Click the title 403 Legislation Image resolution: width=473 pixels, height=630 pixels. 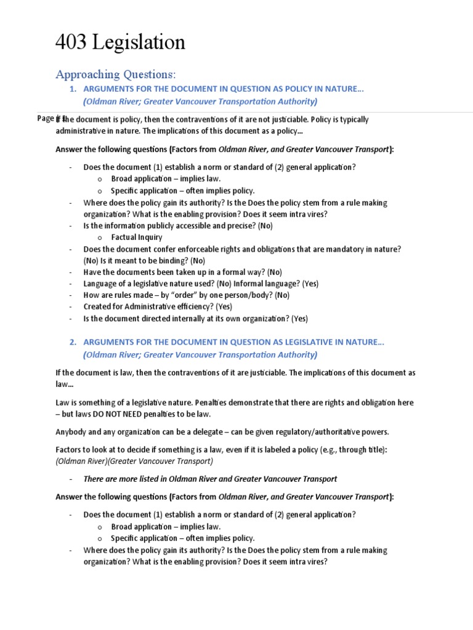pyautogui.click(x=120, y=42)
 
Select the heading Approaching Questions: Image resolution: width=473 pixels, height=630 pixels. pyautogui.click(x=116, y=74)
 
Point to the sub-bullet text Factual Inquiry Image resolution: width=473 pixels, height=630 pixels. pyautogui.click(x=137, y=237)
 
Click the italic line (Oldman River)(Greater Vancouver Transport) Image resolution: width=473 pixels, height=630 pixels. pyautogui.click(x=134, y=461)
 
